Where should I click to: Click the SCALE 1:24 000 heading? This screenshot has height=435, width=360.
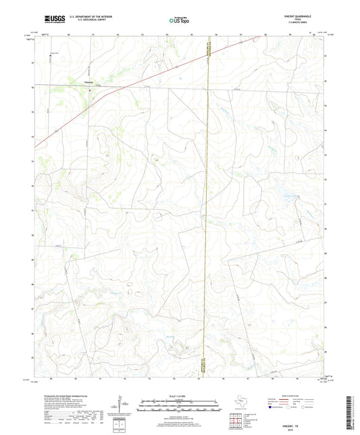pos(179,396)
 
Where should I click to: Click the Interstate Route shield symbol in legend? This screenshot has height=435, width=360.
pos(271,408)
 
